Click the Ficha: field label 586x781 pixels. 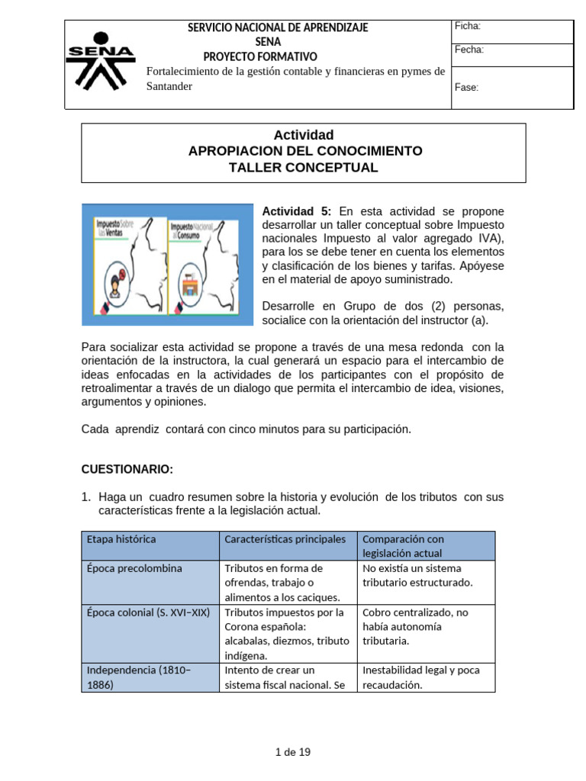pyautogui.click(x=467, y=27)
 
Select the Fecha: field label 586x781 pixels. pyautogui.click(x=468, y=50)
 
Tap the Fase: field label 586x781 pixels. pyautogui.click(x=466, y=87)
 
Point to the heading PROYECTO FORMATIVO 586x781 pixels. pyautogui.click(x=260, y=56)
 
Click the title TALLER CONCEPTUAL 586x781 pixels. pyautogui.click(x=303, y=168)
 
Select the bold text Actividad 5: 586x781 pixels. pyautogui.click(x=297, y=211)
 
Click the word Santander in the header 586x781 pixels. pyautogui.click(x=169, y=86)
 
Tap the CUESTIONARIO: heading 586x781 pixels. pyautogui.click(x=127, y=468)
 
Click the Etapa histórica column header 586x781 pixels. pyautogui.click(x=121, y=539)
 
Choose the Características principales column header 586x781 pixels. pyautogui.click(x=285, y=539)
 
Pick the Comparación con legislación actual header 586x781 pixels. pyautogui.click(x=404, y=546)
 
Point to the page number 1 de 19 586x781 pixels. pyautogui.click(x=293, y=752)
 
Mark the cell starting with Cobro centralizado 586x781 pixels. pyautogui.click(x=415, y=626)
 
